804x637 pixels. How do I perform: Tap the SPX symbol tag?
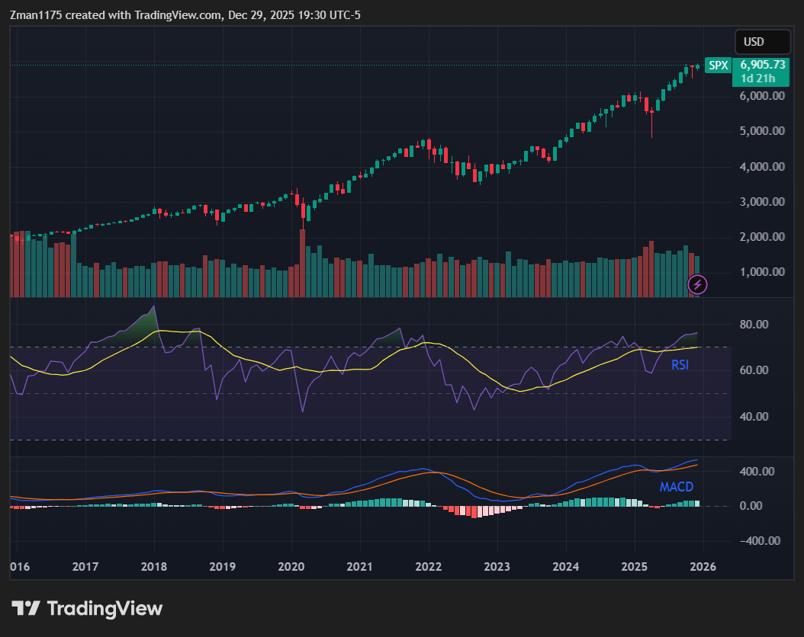click(x=718, y=66)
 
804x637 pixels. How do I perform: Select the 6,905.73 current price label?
click(x=762, y=66)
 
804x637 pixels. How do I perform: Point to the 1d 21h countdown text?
click(x=757, y=78)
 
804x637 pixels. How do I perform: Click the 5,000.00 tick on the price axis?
click(x=762, y=131)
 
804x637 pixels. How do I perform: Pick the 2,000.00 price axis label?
click(x=762, y=237)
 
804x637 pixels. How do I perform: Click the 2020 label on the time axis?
click(x=291, y=567)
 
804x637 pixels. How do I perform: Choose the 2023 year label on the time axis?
click(x=497, y=567)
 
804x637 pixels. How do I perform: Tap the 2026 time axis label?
click(x=703, y=567)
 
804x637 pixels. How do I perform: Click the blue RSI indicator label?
click(x=680, y=365)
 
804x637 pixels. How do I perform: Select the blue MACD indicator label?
click(x=677, y=487)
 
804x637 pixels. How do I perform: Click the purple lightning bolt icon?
click(x=698, y=285)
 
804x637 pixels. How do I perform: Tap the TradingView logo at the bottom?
click(x=87, y=608)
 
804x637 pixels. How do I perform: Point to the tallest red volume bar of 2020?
click(x=302, y=263)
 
